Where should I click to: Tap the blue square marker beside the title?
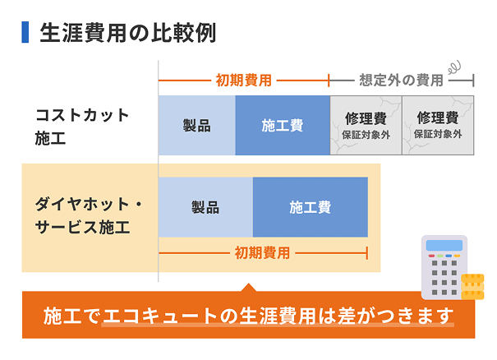click(x=25, y=34)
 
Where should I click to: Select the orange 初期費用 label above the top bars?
click(x=243, y=81)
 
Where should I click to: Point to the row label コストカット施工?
click(x=82, y=126)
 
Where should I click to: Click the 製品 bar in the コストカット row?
click(x=196, y=126)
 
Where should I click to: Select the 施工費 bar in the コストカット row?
click(x=283, y=126)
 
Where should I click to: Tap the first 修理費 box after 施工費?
click(x=366, y=126)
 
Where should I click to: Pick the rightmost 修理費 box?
click(x=438, y=126)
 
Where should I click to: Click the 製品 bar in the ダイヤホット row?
click(x=205, y=207)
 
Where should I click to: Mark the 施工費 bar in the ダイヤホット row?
click(x=310, y=207)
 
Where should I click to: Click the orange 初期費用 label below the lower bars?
click(x=262, y=252)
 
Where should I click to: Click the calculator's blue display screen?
click(x=444, y=246)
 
